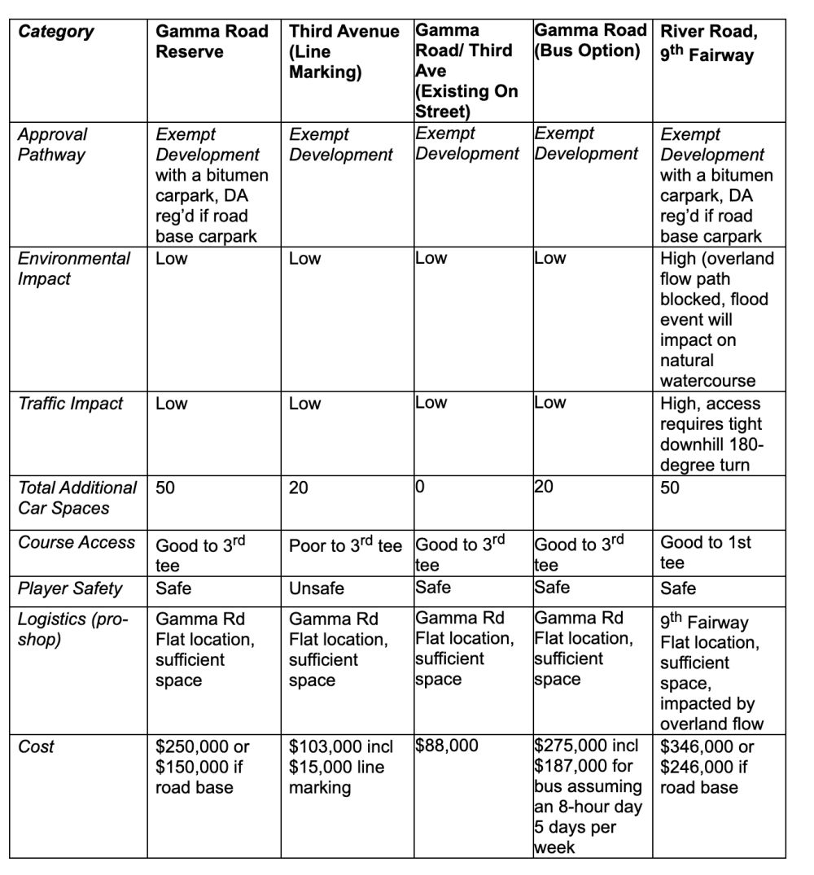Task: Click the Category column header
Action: [x=56, y=33]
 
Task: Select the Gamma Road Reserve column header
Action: [x=212, y=42]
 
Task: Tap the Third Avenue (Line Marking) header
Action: [x=344, y=51]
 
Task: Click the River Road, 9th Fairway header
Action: [x=708, y=43]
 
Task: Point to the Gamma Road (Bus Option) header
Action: [x=590, y=41]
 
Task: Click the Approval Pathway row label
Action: [x=53, y=145]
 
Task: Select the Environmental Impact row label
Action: [x=74, y=269]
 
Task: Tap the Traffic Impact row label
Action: [x=71, y=404]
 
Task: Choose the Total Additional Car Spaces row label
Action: [x=77, y=497]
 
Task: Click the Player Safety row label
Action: [x=70, y=588]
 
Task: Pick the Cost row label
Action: [x=36, y=746]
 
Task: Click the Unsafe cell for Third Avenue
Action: [x=317, y=588]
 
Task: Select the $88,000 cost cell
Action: [x=447, y=746]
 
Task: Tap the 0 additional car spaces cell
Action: [x=421, y=488]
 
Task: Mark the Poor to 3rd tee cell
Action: [x=345, y=545]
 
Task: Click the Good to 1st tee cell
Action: [x=706, y=553]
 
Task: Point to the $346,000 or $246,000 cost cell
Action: [x=707, y=767]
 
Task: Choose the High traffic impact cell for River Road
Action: [x=711, y=434]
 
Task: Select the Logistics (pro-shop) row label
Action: [x=72, y=629]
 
